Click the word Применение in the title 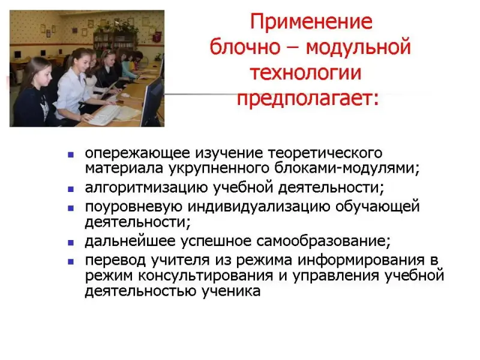pyautogui.click(x=311, y=22)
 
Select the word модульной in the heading pyautogui.click(x=358, y=47)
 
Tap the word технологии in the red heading pyautogui.click(x=306, y=73)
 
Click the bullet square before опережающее pyautogui.click(x=71, y=155)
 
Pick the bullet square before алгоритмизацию pyautogui.click(x=71, y=189)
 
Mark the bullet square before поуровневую pyautogui.click(x=71, y=208)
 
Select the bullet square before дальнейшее pyautogui.click(x=71, y=243)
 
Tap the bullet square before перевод pyautogui.click(x=71, y=262)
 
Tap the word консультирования pyautogui.click(x=205, y=275)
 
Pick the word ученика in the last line pyautogui.click(x=231, y=291)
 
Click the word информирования pyautogui.click(x=361, y=260)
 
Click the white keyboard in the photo pyautogui.click(x=103, y=115)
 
